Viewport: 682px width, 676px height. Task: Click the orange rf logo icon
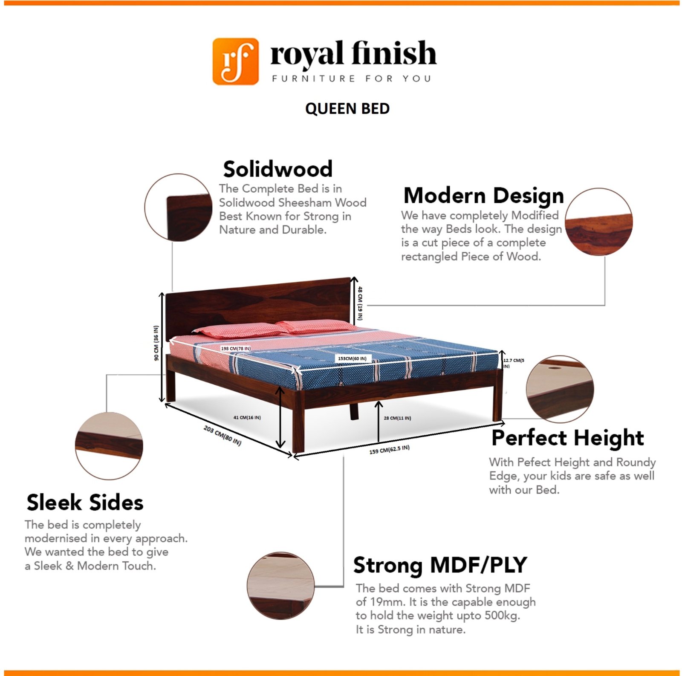click(235, 61)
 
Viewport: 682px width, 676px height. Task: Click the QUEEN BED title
click(347, 109)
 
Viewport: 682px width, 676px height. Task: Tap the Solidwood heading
click(278, 169)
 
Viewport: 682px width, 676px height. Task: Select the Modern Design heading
click(484, 196)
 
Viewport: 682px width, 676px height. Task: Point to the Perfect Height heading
click(568, 438)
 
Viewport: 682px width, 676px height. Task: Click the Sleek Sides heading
click(85, 502)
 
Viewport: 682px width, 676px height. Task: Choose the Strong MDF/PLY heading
click(440, 566)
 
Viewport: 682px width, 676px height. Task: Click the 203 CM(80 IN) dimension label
click(223, 435)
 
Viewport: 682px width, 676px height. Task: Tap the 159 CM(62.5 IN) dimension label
click(390, 449)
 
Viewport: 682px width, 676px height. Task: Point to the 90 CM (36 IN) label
click(156, 343)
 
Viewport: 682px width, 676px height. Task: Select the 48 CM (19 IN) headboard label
click(360, 303)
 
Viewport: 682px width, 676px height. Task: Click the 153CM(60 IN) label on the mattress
click(352, 358)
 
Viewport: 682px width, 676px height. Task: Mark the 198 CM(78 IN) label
click(236, 349)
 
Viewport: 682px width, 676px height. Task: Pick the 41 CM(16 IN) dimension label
click(247, 417)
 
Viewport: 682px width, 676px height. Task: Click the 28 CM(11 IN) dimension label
click(397, 418)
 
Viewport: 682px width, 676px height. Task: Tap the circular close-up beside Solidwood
click(179, 207)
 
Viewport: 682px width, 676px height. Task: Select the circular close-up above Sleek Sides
click(109, 446)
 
